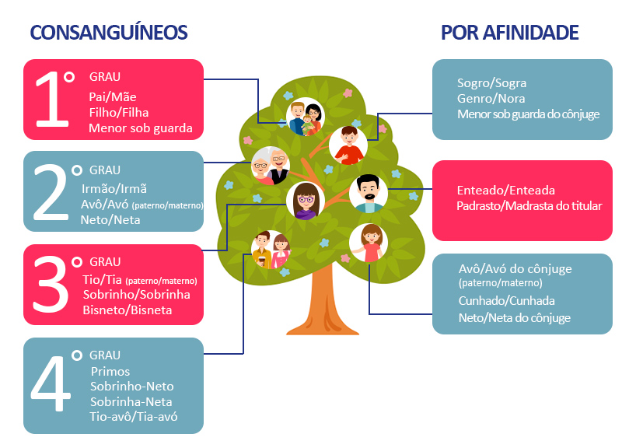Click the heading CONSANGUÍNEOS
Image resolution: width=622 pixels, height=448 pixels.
pos(109,33)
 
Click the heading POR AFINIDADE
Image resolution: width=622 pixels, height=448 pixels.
pos(509,33)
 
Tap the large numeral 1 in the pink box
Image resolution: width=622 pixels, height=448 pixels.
pos(51,100)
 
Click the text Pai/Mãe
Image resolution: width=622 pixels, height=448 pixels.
pos(114,96)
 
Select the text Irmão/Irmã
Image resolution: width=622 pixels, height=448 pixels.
pos(114,188)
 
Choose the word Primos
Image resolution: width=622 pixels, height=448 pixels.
pos(110,371)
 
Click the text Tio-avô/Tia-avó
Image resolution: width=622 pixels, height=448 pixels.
pos(134,417)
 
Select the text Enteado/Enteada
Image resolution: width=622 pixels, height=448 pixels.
pos(505,191)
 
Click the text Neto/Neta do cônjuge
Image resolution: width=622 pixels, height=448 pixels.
pos(514,317)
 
